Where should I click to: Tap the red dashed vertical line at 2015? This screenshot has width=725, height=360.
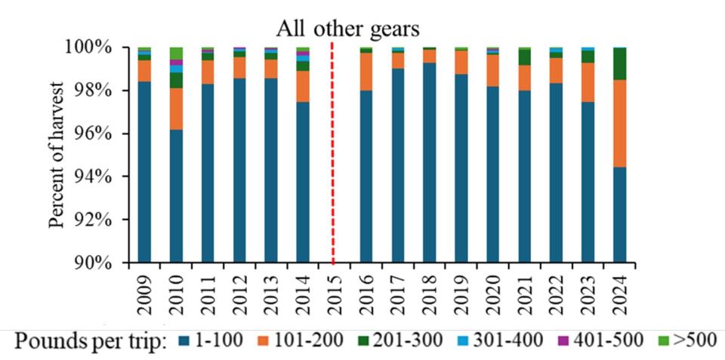(x=333, y=151)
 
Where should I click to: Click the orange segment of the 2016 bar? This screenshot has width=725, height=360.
(x=366, y=72)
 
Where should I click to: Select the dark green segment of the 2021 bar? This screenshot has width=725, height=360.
(x=524, y=57)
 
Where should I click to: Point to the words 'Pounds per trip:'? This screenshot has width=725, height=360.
(x=90, y=341)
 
